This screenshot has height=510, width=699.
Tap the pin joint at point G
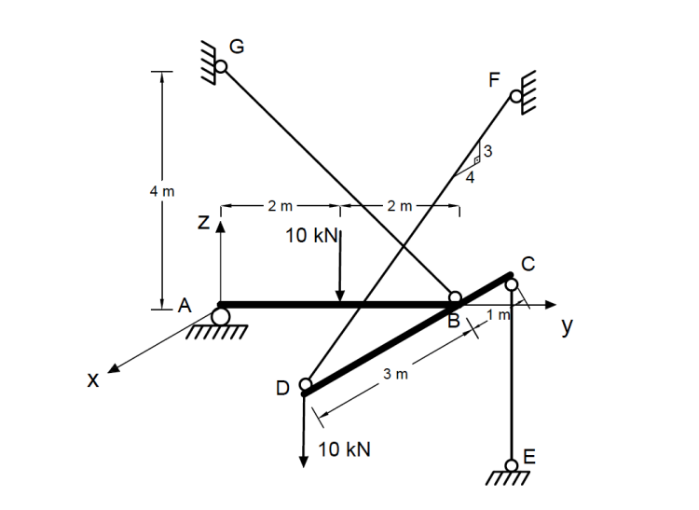click(221, 66)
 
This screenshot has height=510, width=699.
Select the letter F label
click(496, 79)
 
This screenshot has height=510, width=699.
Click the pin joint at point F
click(515, 96)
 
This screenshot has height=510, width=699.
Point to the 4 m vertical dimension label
click(158, 191)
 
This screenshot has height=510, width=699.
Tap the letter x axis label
click(91, 379)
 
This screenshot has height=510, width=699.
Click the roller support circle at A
click(221, 317)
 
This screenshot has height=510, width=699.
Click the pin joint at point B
click(455, 298)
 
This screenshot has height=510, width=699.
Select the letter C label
click(528, 264)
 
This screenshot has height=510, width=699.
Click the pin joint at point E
click(512, 464)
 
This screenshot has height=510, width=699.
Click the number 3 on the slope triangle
click(487, 151)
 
